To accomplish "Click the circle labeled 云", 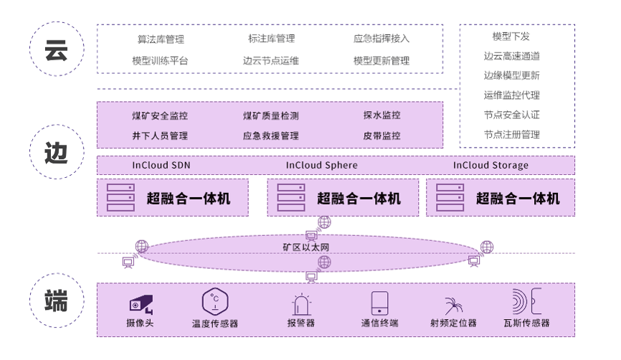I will pos(56,49).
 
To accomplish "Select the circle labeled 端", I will pos(56,301).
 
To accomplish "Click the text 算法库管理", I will pos(161,39).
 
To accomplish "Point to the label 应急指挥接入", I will pos(381,39).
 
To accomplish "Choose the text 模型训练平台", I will pos(160,61).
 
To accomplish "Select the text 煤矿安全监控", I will pos(160,115).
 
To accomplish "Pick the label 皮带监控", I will pos(381,135).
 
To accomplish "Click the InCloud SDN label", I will pos(161,165).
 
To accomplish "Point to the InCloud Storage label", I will pos(490,165).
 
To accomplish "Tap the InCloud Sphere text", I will pos(321,165).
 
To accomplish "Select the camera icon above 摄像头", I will pos(141,303).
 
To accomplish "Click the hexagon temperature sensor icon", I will pos(214,302).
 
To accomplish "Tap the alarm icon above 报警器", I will pos(300,304).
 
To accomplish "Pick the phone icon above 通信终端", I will pos(379,303).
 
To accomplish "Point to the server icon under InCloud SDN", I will pos(120,197).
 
